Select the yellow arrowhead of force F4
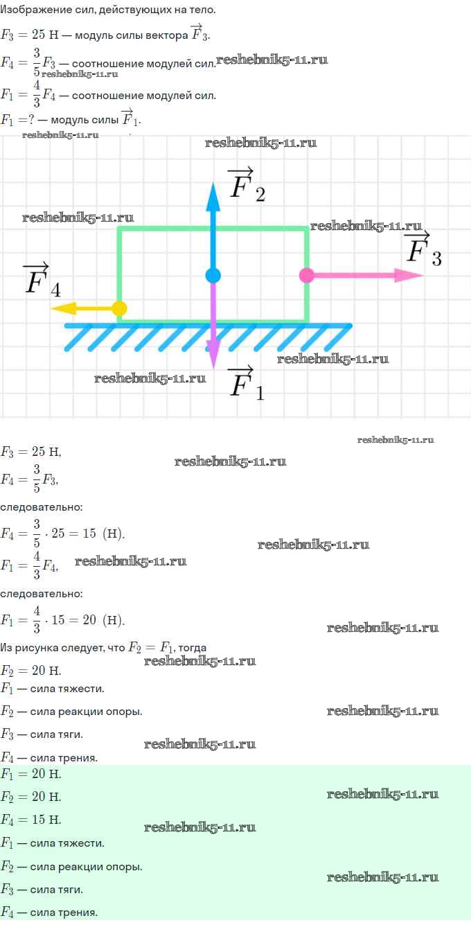[64, 308]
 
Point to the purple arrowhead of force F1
[213, 355]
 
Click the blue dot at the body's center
[213, 275]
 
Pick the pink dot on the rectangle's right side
[307, 275]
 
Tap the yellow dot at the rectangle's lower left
[120, 308]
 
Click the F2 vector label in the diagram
[247, 184]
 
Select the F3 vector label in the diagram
[423, 249]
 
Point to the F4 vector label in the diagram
[42, 281]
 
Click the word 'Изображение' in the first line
[27, 10]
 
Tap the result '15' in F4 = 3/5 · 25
[89, 534]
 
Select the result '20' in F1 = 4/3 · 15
[89, 619]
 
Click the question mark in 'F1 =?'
[31, 120]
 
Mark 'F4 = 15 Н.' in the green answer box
[30, 819]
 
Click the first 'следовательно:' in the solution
[42, 507]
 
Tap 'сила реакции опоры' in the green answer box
[85, 867]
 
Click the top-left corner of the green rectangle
[119, 229]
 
